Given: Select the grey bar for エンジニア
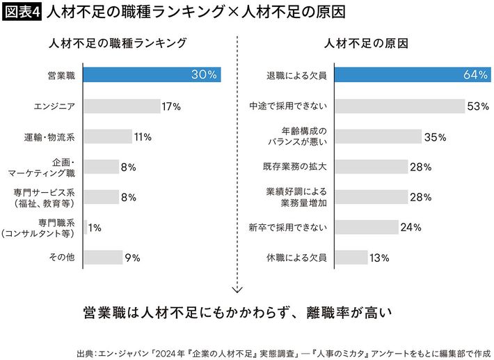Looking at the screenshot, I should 122,106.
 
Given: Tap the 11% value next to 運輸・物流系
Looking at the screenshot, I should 143,136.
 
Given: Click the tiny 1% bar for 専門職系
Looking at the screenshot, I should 85,227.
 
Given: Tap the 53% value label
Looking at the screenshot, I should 478,106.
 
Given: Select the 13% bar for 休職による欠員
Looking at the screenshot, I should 351,258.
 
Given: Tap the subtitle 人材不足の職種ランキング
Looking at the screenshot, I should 119,43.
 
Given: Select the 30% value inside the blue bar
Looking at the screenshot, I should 205,75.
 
